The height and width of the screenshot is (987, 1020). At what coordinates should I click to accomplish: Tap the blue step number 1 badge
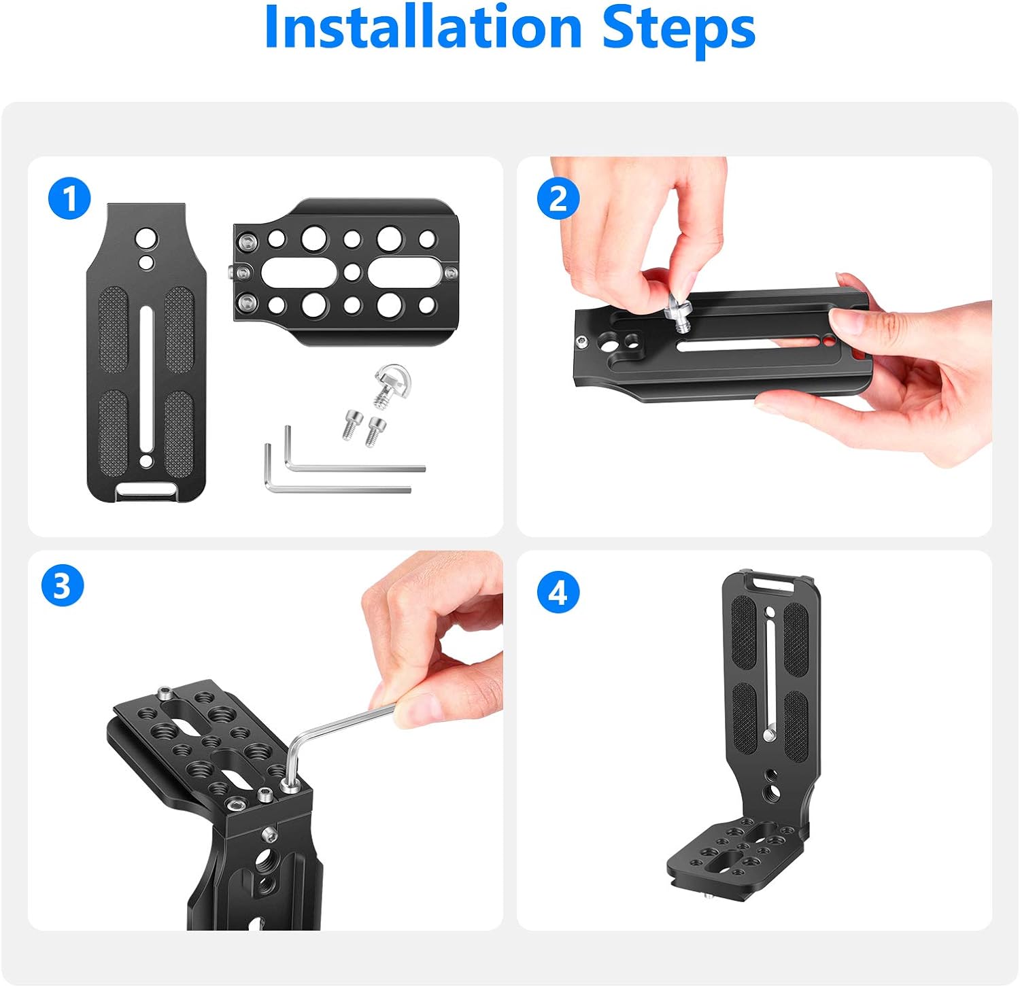point(69,198)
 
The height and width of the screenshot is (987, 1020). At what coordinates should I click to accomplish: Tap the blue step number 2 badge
point(558,198)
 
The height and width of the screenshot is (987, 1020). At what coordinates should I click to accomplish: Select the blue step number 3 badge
point(62,586)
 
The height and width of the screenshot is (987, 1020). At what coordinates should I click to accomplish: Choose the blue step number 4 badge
point(558,591)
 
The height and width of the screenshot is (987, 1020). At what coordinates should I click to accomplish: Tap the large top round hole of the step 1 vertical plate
point(146,239)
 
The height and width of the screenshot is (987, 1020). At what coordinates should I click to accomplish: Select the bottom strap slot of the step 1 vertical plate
point(145,490)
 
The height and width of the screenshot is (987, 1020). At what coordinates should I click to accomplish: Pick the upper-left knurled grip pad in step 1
point(114,330)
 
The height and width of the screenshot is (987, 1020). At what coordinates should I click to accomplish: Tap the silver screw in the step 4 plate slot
point(769,734)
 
